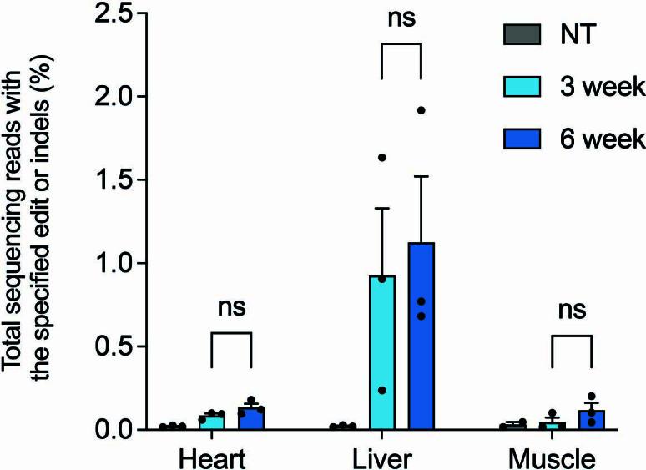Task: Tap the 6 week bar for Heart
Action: pos(251,418)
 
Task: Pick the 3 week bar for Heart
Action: pos(211,422)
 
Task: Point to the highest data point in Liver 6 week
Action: pos(421,110)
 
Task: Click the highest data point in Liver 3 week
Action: pos(381,157)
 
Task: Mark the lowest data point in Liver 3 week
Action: pos(381,390)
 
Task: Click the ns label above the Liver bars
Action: pos(401,18)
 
